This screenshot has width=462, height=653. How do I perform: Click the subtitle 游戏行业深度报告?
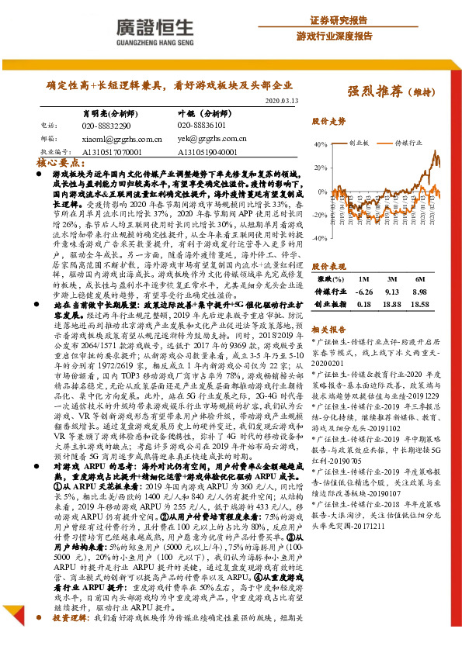335,36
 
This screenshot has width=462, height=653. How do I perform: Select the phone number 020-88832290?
106,125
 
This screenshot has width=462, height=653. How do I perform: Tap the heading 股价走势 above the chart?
328,123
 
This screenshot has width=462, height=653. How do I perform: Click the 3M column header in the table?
391,278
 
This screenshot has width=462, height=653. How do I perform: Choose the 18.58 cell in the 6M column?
419,306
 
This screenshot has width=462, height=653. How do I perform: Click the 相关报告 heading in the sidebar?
328,329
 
